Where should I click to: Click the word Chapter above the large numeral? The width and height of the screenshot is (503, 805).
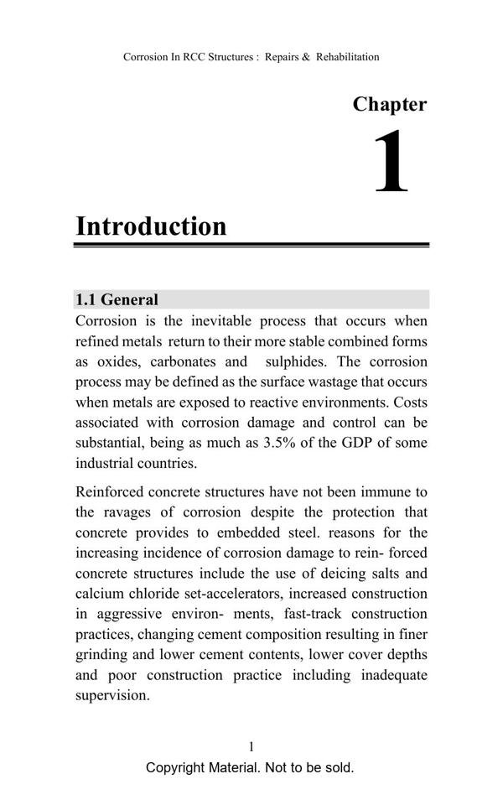[x=389, y=105]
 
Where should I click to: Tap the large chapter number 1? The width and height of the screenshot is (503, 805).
[x=391, y=163]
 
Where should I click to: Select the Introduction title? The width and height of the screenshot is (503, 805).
[x=151, y=226]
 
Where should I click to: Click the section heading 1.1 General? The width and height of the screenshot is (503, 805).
[x=117, y=299]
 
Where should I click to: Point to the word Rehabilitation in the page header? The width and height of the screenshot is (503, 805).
[x=347, y=57]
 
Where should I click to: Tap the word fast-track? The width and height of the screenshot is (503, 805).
[x=319, y=614]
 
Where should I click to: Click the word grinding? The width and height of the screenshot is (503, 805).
[x=105, y=655]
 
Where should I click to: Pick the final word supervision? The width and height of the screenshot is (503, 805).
[x=112, y=695]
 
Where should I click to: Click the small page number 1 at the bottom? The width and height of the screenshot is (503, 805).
[x=251, y=746]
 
